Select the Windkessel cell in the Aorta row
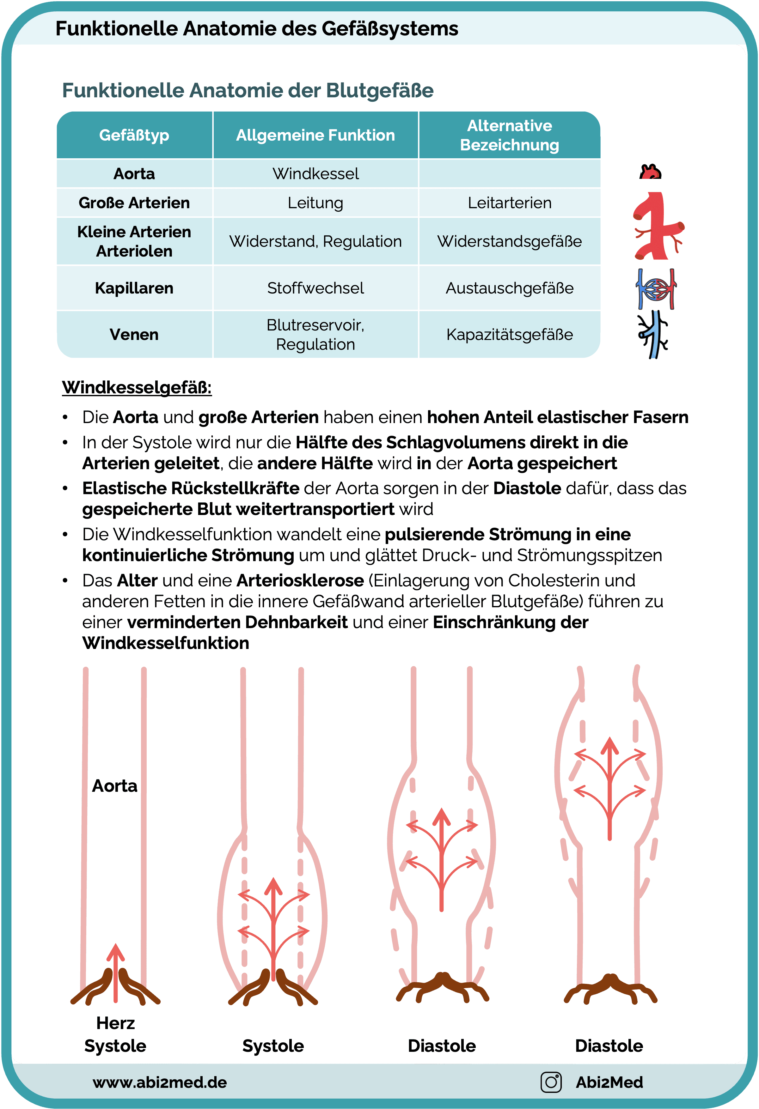(x=315, y=174)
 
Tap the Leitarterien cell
(x=509, y=203)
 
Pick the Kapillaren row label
(x=134, y=288)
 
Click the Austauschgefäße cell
(x=509, y=288)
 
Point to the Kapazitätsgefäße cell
(x=509, y=335)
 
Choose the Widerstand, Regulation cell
(x=315, y=241)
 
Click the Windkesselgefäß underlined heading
(x=137, y=387)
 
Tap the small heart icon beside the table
(x=650, y=172)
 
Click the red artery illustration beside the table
(x=658, y=226)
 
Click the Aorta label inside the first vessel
(x=114, y=785)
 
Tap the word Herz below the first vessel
(x=115, y=1023)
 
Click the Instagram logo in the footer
(x=551, y=1082)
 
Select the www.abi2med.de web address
(x=159, y=1082)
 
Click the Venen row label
(x=134, y=335)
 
